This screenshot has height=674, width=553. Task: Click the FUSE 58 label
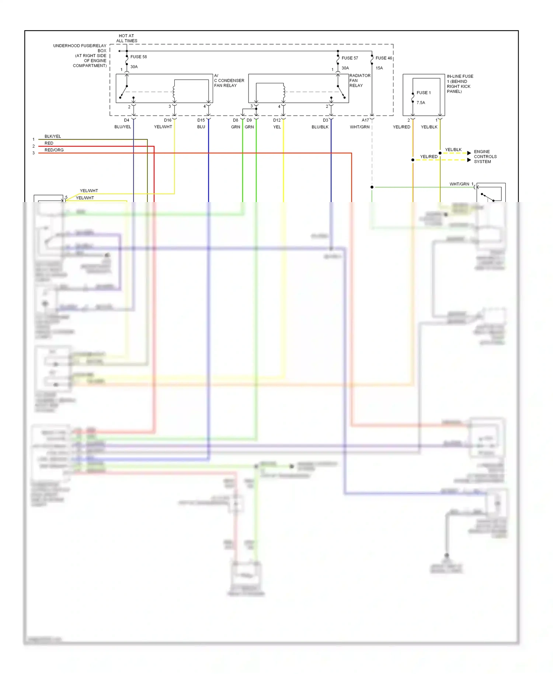point(138,57)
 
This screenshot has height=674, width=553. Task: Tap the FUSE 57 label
point(349,58)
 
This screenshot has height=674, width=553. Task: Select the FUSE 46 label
point(383,58)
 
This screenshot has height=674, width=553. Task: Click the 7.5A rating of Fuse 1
point(421,103)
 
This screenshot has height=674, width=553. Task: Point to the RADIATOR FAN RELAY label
point(359,80)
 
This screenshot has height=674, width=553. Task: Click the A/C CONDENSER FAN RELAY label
point(229,80)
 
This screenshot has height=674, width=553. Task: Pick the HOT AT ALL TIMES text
point(126,38)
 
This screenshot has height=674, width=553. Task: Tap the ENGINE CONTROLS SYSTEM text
point(485,156)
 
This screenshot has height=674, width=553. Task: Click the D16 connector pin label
point(167,120)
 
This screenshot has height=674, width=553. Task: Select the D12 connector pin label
point(276,120)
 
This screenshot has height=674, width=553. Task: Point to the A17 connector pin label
point(365,120)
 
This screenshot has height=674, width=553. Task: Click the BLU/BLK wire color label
point(320,127)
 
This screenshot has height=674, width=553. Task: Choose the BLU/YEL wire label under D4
point(122,127)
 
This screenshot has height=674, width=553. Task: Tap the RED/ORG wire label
point(54,150)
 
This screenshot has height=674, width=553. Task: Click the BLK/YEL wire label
point(53,136)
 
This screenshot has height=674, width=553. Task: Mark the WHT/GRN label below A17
point(359,127)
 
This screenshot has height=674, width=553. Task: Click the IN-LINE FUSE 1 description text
point(460,84)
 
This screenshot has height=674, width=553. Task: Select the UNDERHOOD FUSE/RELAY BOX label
point(80,55)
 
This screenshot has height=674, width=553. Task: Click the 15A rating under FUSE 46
point(379,68)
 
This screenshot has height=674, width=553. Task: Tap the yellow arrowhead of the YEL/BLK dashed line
point(469,153)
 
